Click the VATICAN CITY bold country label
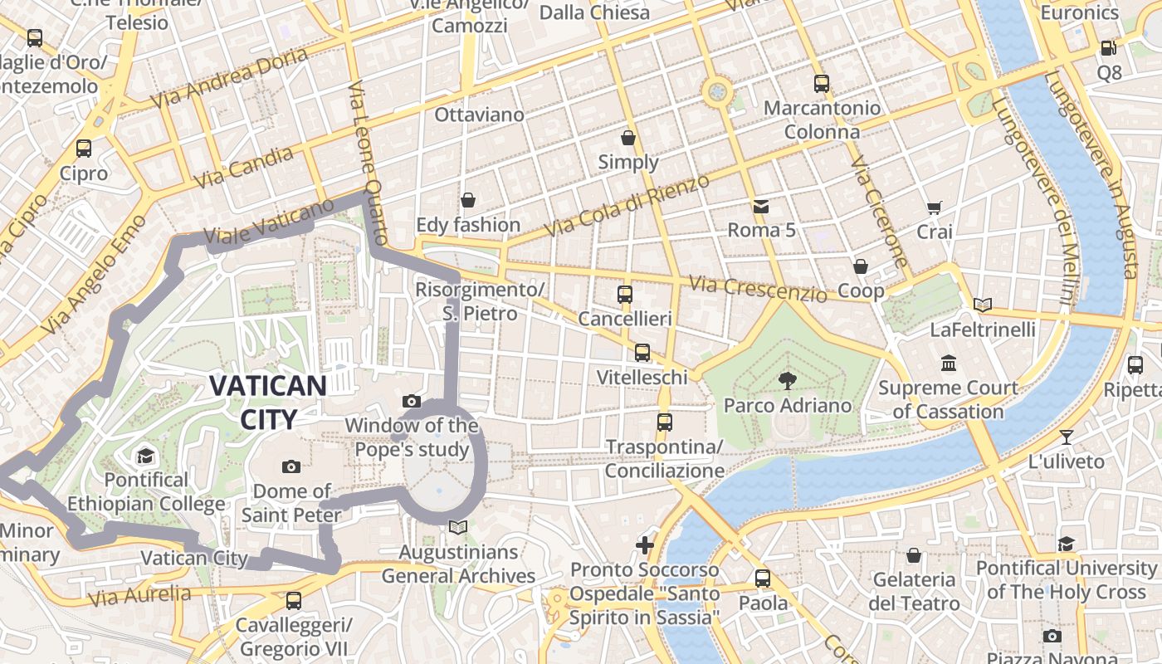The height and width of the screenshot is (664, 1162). click(267, 402)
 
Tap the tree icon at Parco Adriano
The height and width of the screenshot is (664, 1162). click(786, 381)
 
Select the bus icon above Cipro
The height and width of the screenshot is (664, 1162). click(84, 149)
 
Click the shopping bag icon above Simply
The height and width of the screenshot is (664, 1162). click(628, 137)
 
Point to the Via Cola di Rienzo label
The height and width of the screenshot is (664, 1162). click(627, 206)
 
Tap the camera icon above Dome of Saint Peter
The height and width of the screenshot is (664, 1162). click(290, 466)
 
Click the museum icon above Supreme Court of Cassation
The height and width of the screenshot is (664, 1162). click(949, 363)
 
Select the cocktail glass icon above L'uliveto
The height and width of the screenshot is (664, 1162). click(1067, 437)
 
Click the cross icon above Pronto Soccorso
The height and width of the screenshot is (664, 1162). click(645, 545)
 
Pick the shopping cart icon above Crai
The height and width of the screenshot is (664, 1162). click(935, 207)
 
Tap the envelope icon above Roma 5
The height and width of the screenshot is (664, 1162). click(761, 206)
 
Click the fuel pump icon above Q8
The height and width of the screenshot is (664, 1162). click(1108, 48)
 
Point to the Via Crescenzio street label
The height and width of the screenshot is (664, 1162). click(759, 288)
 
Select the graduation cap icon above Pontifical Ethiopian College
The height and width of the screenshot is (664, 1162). click(146, 456)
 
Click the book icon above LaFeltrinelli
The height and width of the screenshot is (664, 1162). click(983, 305)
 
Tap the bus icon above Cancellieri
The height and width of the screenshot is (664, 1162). click(625, 295)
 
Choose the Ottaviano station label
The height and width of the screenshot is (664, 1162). click(479, 115)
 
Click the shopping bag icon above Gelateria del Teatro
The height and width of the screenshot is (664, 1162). click(914, 554)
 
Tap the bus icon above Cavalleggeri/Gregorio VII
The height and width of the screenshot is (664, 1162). click(293, 600)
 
